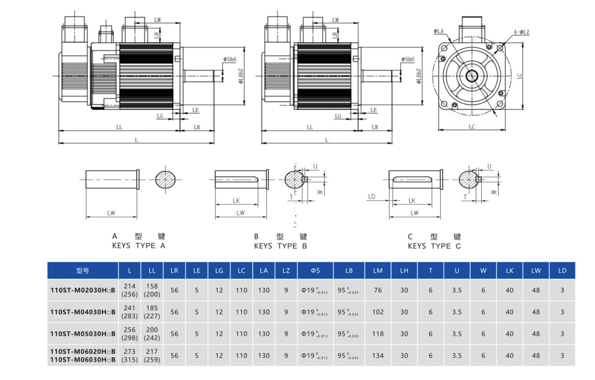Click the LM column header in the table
point(378,271)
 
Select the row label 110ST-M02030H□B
point(83,290)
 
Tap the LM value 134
point(378,355)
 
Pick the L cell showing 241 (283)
point(130,312)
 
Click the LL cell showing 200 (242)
point(152,334)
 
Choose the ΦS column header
point(315,271)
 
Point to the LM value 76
point(378,290)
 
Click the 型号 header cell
point(83,271)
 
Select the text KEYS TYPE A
point(139,245)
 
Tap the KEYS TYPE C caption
point(434,246)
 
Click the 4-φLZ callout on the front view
point(521,32)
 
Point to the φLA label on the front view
point(439,31)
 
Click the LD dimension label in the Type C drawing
point(371,197)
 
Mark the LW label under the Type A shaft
point(111,213)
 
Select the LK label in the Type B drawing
point(236,201)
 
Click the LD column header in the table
point(562,271)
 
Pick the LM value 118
point(378,334)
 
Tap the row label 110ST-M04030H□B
point(83,312)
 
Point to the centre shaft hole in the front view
point(472,76)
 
